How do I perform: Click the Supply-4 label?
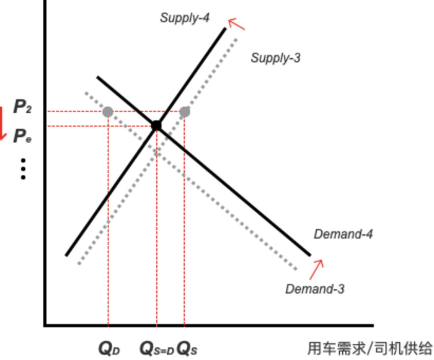click(185, 17)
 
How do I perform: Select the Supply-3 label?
click(275, 58)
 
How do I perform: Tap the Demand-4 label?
click(343, 234)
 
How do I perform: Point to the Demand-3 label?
click(314, 289)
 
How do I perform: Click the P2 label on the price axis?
click(23, 108)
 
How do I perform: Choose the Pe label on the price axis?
click(23, 136)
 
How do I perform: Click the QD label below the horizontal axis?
click(109, 348)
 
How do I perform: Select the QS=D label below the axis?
click(156, 348)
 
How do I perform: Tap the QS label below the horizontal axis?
click(187, 348)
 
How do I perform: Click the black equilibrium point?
click(156, 126)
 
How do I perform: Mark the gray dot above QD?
click(108, 112)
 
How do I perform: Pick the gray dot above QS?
click(185, 112)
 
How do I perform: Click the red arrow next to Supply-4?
click(236, 24)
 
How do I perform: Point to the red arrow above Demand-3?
click(317, 268)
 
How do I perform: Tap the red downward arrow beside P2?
click(2, 123)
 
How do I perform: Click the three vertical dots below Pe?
click(23, 169)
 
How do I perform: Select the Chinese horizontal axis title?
click(370, 348)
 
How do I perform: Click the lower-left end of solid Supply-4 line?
click(67, 254)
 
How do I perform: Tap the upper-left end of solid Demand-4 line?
click(98, 77)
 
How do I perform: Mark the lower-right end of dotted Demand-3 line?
click(296, 269)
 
